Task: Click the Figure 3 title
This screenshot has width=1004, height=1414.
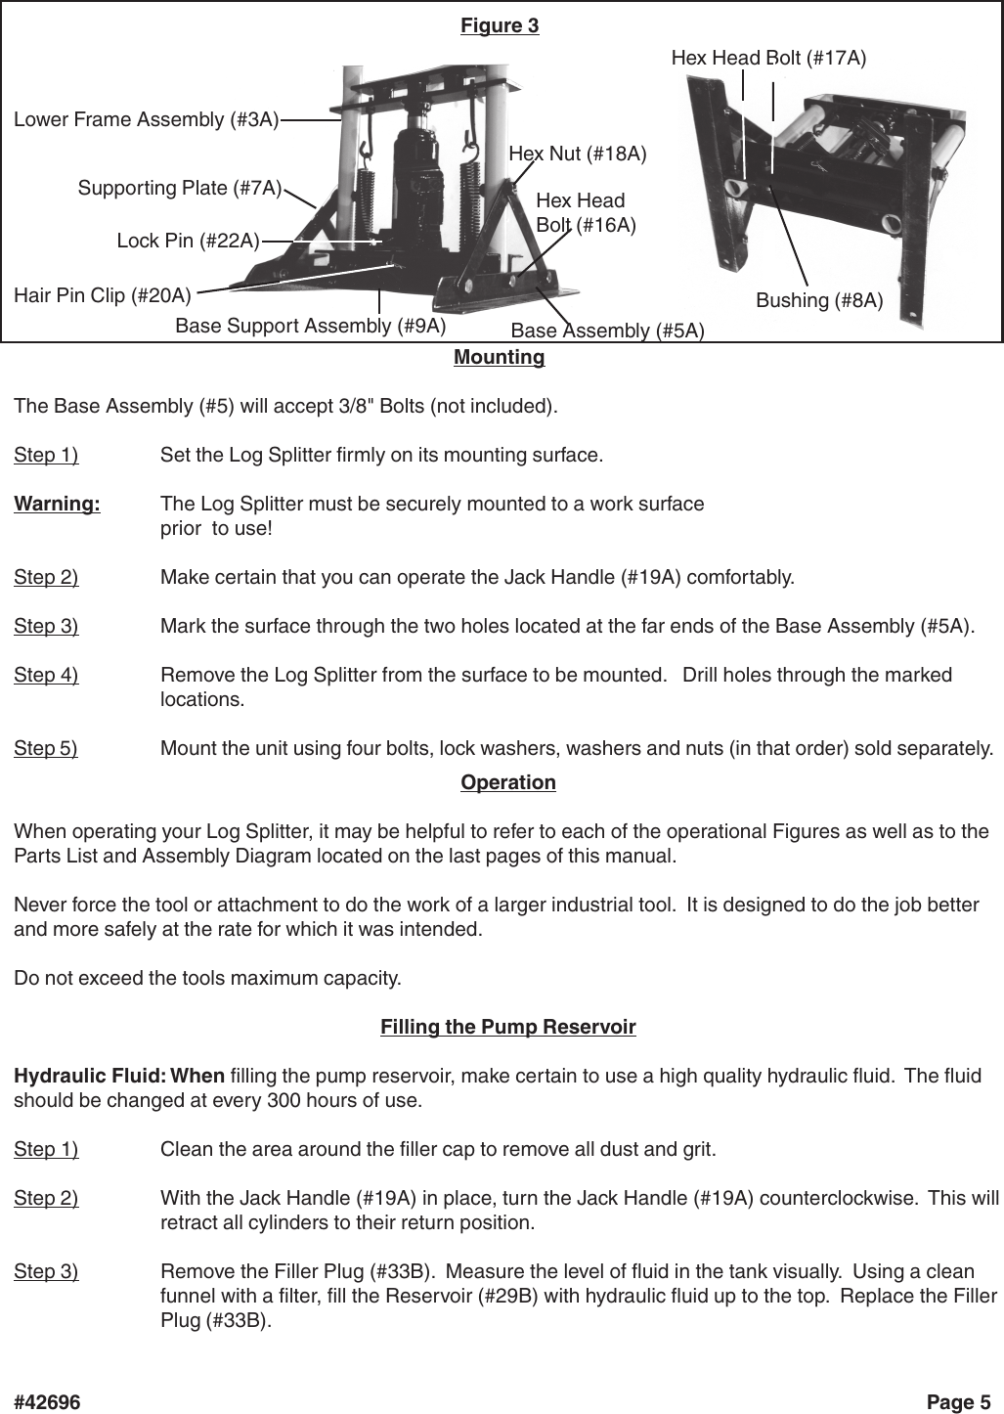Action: pyautogui.click(x=500, y=25)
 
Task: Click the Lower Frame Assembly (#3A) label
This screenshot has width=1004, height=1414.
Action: pyautogui.click(x=146, y=119)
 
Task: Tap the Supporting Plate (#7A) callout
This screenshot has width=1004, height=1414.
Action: pyautogui.click(x=180, y=187)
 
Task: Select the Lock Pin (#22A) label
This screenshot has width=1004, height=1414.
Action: pyautogui.click(x=188, y=241)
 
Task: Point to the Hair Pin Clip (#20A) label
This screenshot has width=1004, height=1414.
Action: pyautogui.click(x=103, y=293)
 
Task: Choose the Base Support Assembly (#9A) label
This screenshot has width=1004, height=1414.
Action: pyautogui.click(x=310, y=325)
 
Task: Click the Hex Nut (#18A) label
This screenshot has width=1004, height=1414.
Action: pyautogui.click(x=578, y=154)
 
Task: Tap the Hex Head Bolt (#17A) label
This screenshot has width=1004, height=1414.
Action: pyautogui.click(x=768, y=59)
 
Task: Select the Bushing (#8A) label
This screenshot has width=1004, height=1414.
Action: pyautogui.click(x=819, y=300)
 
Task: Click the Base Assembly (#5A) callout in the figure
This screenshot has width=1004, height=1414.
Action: pyautogui.click(x=607, y=331)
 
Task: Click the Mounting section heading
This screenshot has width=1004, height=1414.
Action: pyautogui.click(x=499, y=357)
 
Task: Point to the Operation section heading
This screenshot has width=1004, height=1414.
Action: pyautogui.click(x=507, y=782)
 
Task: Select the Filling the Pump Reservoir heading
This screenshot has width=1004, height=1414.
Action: pyautogui.click(x=507, y=1027)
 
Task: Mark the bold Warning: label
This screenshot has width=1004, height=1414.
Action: pyautogui.click(x=57, y=505)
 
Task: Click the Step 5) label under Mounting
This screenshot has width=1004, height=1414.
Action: pyautogui.click(x=46, y=749)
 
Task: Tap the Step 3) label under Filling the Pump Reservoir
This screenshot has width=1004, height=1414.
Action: pyautogui.click(x=46, y=1271)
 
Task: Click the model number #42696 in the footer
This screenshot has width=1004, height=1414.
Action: pyautogui.click(x=47, y=1402)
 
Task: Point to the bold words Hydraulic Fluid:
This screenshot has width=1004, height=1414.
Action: pyautogui.click(x=89, y=1077)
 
